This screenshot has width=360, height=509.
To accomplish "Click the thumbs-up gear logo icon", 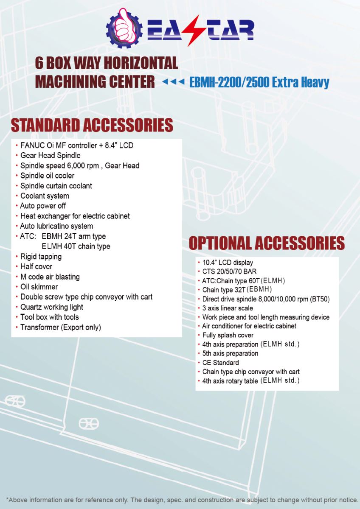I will [124, 28].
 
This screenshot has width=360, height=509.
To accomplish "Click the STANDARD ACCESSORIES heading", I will [92, 126].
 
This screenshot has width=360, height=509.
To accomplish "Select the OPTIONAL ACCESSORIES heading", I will [267, 243].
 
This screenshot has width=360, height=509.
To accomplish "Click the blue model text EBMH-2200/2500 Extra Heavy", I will [259, 82].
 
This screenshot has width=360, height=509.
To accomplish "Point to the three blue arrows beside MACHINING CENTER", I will [173, 81].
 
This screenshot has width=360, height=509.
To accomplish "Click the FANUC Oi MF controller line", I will [76, 145].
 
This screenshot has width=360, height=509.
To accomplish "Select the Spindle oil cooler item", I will [47, 176].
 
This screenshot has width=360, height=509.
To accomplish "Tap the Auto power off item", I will [43, 206].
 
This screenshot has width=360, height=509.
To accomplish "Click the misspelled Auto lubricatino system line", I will [56, 226].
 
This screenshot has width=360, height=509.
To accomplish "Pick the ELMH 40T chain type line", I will [76, 246].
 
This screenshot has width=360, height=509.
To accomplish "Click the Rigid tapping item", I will [41, 257].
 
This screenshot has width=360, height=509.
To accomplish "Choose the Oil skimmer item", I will [39, 287].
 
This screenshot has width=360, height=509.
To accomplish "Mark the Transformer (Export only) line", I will [60, 327].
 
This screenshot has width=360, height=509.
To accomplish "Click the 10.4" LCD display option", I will [228, 263].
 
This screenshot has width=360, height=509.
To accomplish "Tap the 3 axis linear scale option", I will [228, 308].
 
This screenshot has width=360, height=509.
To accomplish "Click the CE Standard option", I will [220, 363].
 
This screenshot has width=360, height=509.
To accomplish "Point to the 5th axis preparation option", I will [230, 353].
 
